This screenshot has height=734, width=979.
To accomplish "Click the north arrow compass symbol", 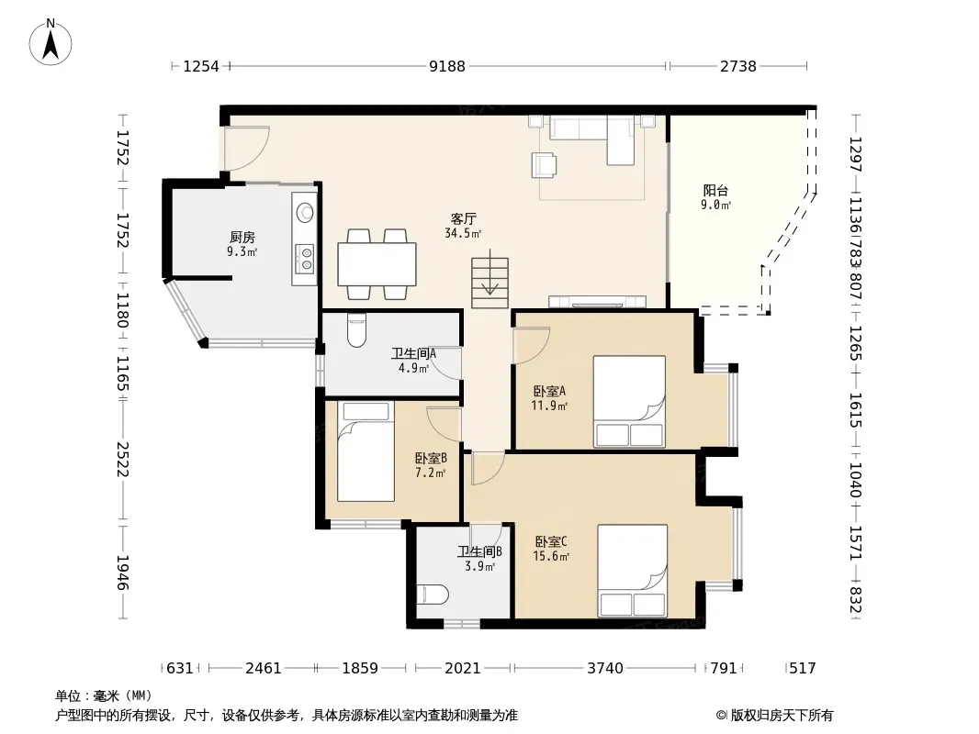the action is [51, 41].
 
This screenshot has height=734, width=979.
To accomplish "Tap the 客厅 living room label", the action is [463, 219].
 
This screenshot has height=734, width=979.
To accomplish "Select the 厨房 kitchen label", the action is [242, 237].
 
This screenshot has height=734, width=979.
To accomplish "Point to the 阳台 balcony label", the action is [715, 190].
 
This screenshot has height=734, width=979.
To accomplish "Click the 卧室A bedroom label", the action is [549, 391].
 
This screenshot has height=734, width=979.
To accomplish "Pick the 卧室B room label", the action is [431, 459].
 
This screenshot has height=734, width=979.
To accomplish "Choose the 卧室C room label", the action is [551, 541].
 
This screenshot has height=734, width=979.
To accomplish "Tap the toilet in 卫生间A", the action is [356, 330].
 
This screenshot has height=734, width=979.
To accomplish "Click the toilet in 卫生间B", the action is [432, 595].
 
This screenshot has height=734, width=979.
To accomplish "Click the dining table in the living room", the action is [377, 264].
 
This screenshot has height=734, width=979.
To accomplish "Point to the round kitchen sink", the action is [305, 213].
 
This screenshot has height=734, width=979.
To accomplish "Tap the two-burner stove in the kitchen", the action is [305, 258].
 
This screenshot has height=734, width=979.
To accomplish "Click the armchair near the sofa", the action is [544, 165].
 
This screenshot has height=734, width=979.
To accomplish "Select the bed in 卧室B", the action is [366, 451].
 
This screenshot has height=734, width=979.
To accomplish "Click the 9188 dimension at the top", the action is [447, 66].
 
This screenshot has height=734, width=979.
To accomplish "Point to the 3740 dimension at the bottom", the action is [605, 669].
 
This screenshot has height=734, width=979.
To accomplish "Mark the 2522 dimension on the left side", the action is [122, 460].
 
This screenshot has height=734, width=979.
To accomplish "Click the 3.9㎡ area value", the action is [479, 567].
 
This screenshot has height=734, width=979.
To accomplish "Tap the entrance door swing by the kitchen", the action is [247, 149].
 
